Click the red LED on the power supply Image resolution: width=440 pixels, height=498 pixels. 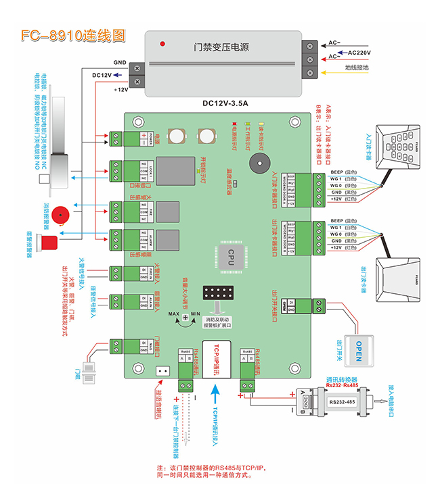click(x=162, y=44)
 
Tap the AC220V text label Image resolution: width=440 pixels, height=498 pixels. click(x=360, y=51)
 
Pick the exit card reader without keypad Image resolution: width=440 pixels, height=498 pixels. click(x=391, y=277)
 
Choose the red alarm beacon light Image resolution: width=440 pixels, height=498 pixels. click(x=49, y=241)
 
